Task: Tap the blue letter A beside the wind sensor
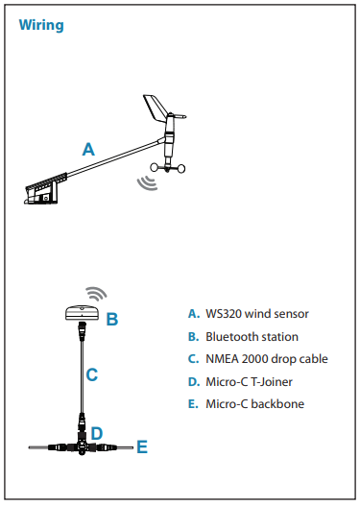[x=88, y=149]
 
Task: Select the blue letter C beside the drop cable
[x=91, y=375]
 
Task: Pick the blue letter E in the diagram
[x=141, y=446]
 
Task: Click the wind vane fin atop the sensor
[x=156, y=108]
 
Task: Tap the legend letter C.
[x=193, y=359]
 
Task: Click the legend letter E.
[x=193, y=403]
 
